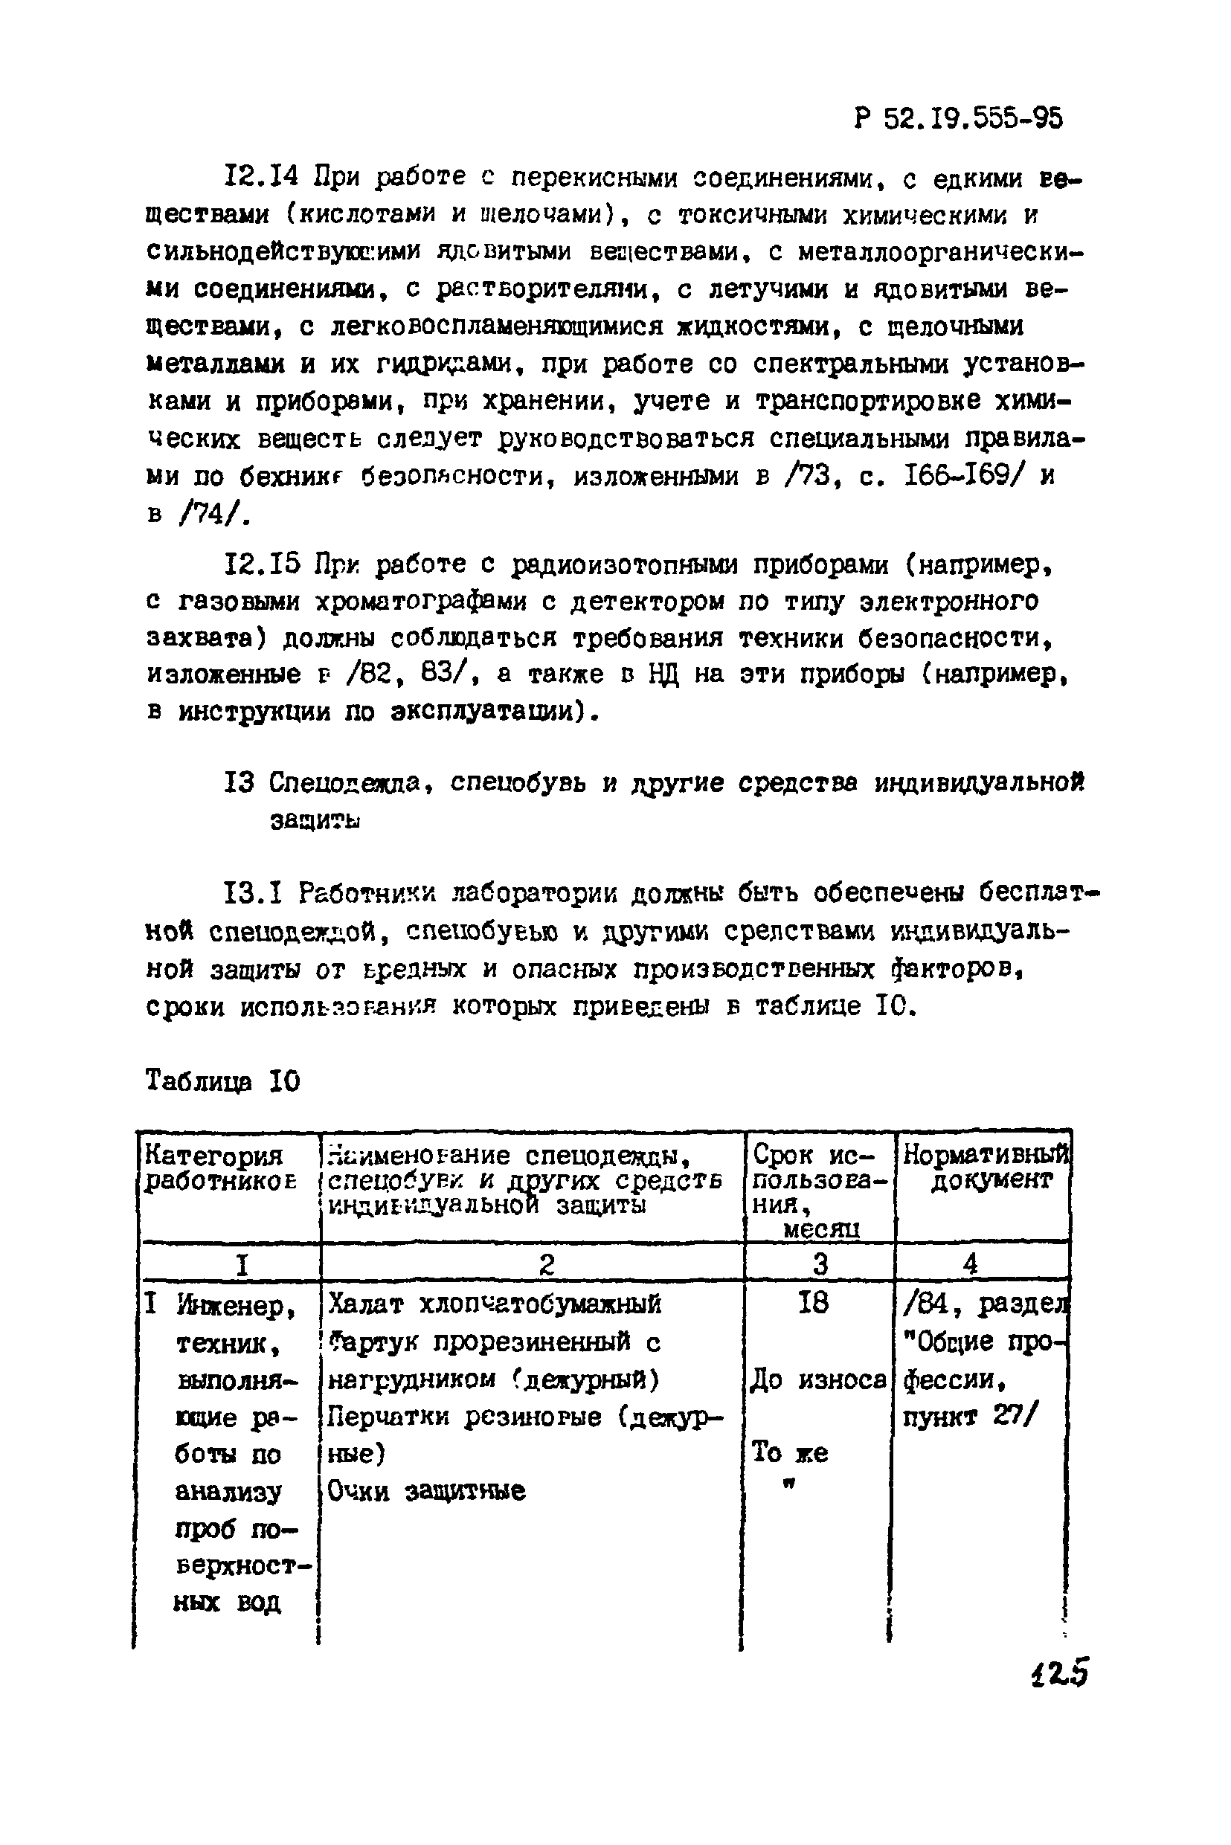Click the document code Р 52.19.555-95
958,118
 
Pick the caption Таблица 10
223,1081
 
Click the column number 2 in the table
547,1264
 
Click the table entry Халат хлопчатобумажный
495,1304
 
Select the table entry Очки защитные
426,1490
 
